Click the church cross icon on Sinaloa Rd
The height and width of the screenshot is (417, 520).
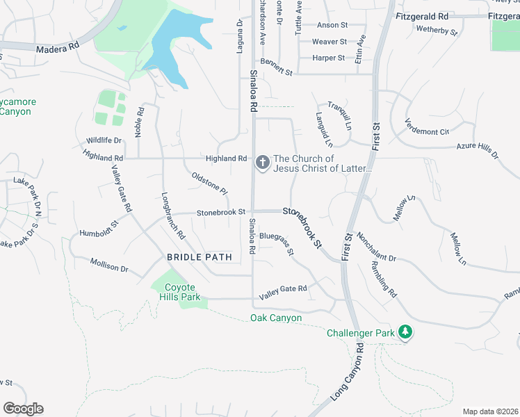point(262,163)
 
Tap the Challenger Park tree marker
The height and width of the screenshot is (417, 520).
point(405,333)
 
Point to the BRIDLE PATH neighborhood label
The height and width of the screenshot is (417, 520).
point(198,257)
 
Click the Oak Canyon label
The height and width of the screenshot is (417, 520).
point(276,318)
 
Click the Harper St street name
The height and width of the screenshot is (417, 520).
point(329,58)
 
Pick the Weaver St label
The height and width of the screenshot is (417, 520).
point(329,42)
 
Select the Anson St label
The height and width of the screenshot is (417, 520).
point(332,25)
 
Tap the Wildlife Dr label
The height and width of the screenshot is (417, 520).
point(104,140)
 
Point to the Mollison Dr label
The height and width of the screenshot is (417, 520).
point(110,265)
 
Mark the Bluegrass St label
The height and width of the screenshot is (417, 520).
point(277,242)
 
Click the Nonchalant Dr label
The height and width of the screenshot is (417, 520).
point(376,247)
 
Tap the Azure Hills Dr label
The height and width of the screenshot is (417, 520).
point(478,150)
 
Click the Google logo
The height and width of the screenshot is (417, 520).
point(23,409)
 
